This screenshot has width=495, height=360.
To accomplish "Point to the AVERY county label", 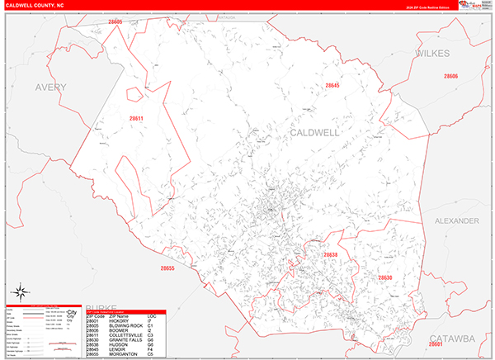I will pos(50,87).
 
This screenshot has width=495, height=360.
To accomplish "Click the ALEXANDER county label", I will pos(456,221).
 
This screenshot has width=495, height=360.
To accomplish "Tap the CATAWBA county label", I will pos(455,339).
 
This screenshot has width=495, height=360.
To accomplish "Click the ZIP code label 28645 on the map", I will pos(332,85).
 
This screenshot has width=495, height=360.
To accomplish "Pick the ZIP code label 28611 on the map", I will pos(136,119).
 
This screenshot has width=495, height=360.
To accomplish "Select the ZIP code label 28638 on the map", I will pos(331,255).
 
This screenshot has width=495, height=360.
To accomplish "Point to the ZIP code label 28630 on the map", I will pos(384,278).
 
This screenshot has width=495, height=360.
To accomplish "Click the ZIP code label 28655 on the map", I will pos(167,268).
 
